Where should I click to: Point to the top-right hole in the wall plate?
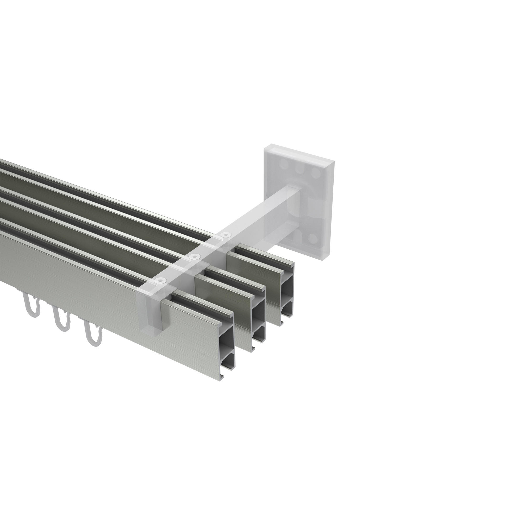[316, 172]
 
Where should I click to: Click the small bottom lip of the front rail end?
[222, 377]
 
